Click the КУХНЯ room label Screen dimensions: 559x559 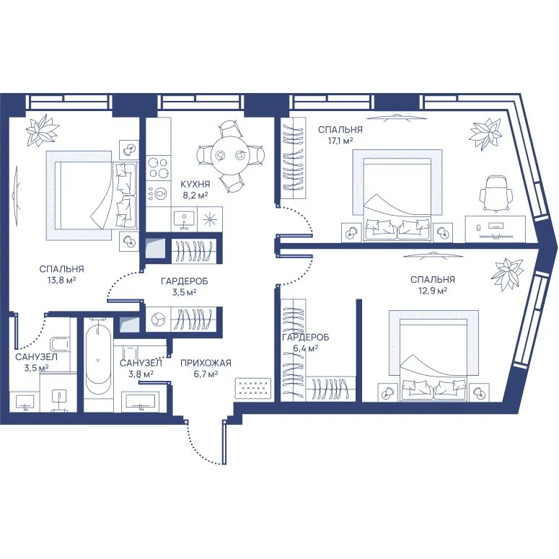click(x=195, y=185)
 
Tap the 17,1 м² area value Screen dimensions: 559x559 click(x=340, y=141)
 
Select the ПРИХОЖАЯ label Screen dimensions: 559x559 click(x=206, y=363)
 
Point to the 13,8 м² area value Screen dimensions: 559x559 click(x=62, y=280)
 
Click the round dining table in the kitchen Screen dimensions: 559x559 click(x=231, y=155)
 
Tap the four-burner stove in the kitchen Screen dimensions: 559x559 click(x=158, y=167)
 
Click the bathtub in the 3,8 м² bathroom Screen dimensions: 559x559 click(x=98, y=361)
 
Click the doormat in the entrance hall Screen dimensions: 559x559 click(x=252, y=388)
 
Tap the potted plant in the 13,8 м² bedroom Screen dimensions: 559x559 click(x=42, y=130)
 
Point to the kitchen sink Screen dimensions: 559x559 click(x=184, y=219)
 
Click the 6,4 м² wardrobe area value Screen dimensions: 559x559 click(x=306, y=348)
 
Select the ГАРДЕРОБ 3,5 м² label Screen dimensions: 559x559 click(x=185, y=287)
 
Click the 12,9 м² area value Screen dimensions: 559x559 click(x=433, y=291)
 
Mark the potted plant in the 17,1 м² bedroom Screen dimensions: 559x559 click(x=485, y=134)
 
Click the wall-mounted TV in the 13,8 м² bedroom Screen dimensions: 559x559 click(x=16, y=195)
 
